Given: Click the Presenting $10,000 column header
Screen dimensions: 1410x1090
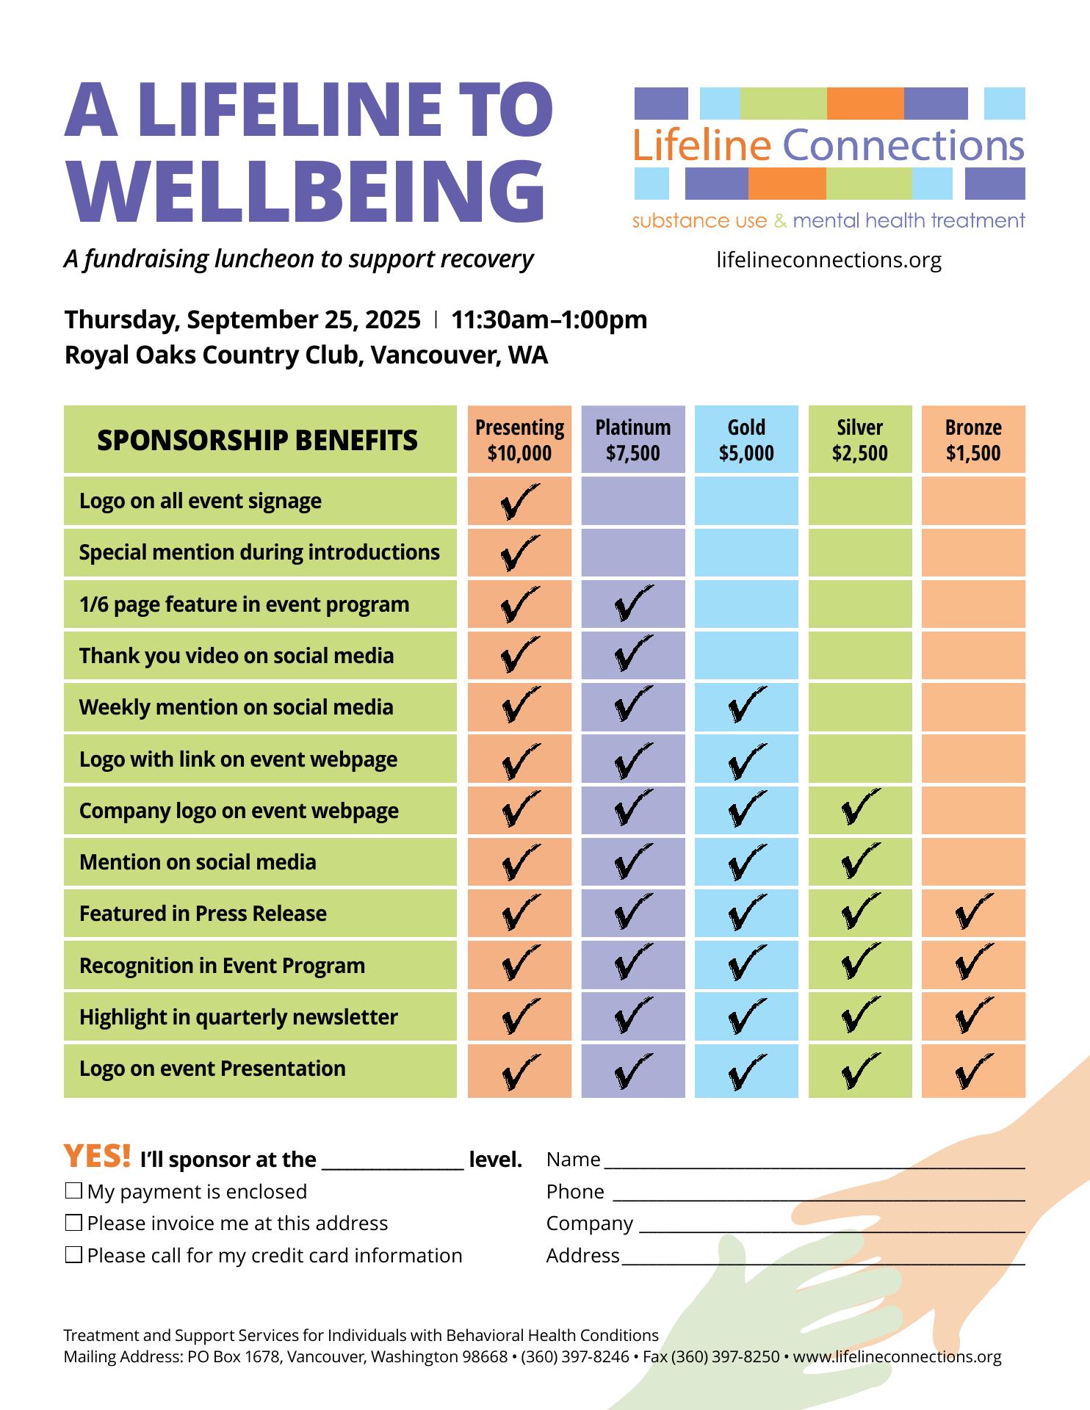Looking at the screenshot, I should (x=519, y=439).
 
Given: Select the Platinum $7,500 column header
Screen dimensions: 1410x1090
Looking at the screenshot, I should (x=632, y=439).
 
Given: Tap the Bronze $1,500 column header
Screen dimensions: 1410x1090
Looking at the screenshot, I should (x=973, y=439).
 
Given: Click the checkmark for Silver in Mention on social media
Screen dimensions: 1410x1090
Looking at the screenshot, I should (x=859, y=861).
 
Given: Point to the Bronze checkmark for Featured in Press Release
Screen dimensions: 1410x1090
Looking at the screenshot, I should (x=973, y=913).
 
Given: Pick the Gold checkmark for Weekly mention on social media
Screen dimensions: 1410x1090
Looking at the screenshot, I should (x=746, y=706).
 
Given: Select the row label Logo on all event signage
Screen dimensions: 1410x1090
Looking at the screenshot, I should (x=201, y=501).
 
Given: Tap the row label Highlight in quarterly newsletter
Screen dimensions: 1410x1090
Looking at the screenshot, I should (x=239, y=1017).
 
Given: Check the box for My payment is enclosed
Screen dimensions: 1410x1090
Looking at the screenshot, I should (x=73, y=1190).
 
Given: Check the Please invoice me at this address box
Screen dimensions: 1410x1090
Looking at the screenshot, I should (x=73, y=1223).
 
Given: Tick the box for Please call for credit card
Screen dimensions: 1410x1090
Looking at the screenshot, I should (x=73, y=1255).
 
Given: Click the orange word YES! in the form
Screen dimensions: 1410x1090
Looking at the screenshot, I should (x=98, y=1157).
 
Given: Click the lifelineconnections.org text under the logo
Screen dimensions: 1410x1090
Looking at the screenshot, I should (x=829, y=260).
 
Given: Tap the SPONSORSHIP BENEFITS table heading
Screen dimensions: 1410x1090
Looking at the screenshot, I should (x=257, y=440).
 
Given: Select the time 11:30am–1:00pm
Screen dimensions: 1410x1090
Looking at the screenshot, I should (x=549, y=320).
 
